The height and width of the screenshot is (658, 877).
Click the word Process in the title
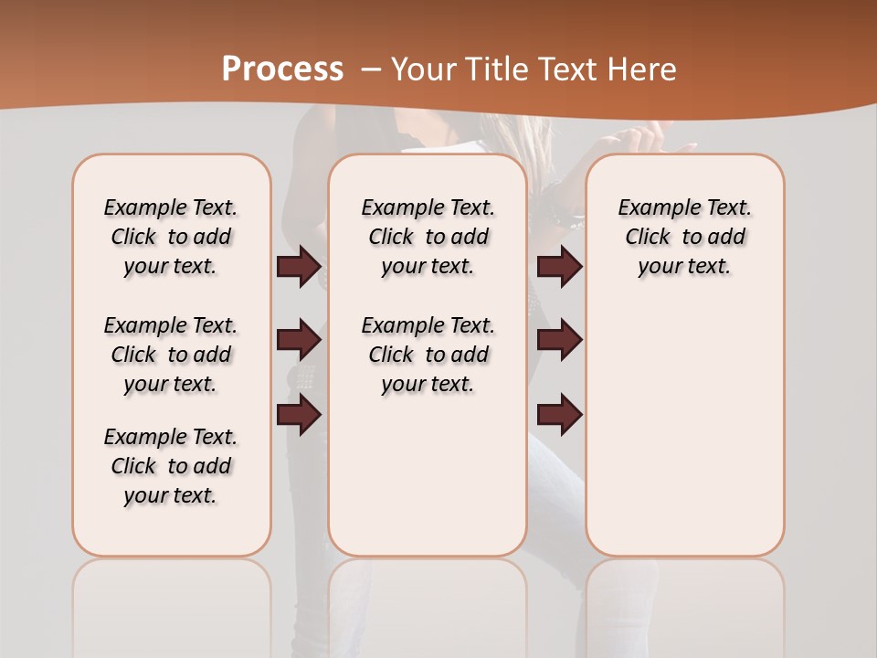point(282,69)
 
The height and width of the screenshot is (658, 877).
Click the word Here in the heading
point(642,69)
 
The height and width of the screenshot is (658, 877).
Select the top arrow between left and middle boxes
point(299,266)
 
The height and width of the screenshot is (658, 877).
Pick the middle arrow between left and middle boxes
point(299,340)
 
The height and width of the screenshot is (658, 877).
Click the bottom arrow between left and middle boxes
point(299,415)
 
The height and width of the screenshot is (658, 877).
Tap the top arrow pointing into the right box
point(559,266)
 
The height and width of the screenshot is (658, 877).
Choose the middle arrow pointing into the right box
point(559,340)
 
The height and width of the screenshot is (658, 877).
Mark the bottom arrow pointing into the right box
point(559,415)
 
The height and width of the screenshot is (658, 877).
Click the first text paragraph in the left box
point(171,237)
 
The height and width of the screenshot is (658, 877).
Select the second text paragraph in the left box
point(171,355)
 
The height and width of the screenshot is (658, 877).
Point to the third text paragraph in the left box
point(171,466)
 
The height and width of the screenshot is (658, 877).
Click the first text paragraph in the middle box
point(428,237)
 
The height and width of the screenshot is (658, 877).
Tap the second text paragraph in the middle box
point(428,355)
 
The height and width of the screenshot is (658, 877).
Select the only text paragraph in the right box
point(684,237)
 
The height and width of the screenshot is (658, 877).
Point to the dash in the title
point(371,69)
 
